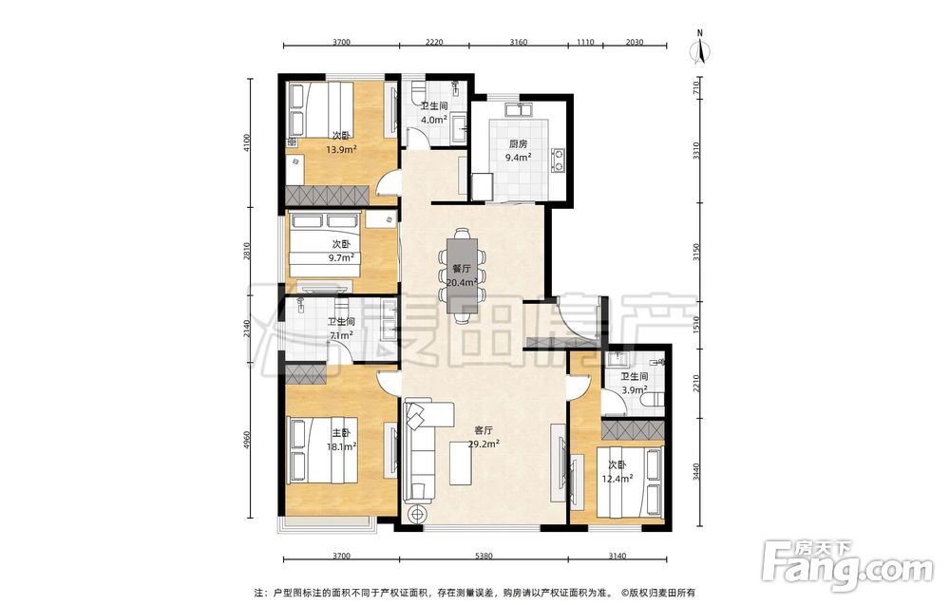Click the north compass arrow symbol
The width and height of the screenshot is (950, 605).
[700, 47]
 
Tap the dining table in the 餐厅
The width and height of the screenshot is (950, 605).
[463, 275]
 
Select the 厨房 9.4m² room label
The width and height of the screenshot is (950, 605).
[518, 151]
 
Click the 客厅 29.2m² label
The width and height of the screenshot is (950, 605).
[484, 437]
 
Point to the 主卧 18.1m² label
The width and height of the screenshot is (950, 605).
[340, 441]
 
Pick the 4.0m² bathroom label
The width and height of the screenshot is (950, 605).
[434, 113]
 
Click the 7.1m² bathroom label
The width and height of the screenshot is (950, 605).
[340, 329]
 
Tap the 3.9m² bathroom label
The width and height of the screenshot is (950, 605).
[634, 384]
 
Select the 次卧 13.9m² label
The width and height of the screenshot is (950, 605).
[341, 142]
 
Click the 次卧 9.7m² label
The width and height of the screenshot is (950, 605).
[340, 251]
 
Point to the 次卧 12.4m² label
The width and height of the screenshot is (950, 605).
[617, 472]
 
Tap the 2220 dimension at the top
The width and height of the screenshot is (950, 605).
[434, 42]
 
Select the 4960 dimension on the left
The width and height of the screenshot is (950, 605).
[246, 441]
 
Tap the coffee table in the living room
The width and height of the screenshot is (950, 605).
[462, 463]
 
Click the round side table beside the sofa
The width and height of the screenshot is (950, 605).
[417, 514]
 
